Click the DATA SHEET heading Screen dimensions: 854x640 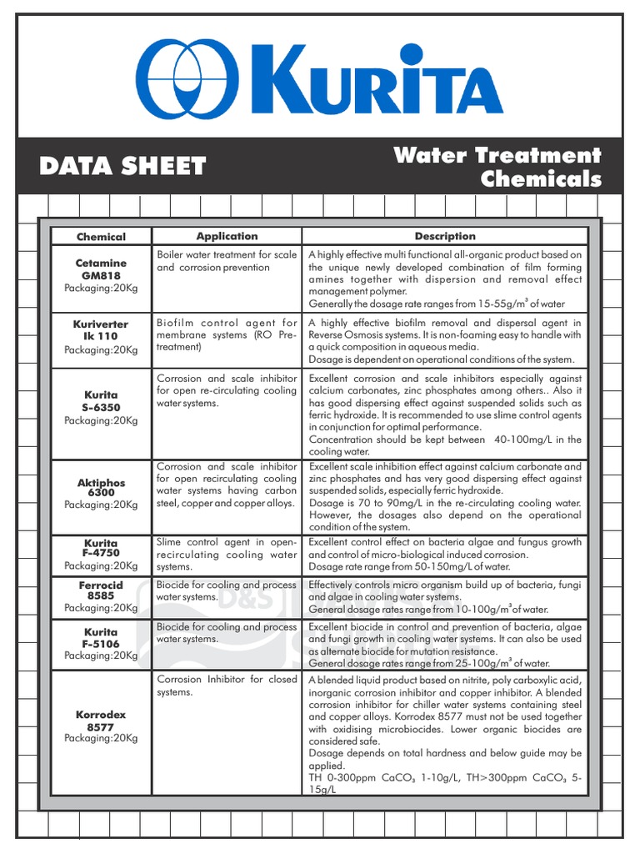tap(122, 166)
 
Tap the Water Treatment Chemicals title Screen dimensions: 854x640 tap(497, 167)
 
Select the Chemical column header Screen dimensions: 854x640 tap(101, 237)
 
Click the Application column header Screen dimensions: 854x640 tap(227, 236)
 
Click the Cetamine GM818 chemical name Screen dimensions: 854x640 tap(101, 269)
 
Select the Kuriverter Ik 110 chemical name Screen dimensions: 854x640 tap(101, 330)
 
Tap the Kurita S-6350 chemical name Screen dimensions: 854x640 tap(101, 401)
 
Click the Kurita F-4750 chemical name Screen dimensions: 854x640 tap(101, 548)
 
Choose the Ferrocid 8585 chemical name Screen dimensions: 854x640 tap(101, 590)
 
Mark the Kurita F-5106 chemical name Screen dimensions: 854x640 tap(101, 638)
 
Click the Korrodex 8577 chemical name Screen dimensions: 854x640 tap(101, 721)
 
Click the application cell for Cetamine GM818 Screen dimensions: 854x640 tap(227, 261)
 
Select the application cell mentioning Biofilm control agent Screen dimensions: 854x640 tap(227, 334)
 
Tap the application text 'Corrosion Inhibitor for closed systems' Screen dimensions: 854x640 tap(227, 686)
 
